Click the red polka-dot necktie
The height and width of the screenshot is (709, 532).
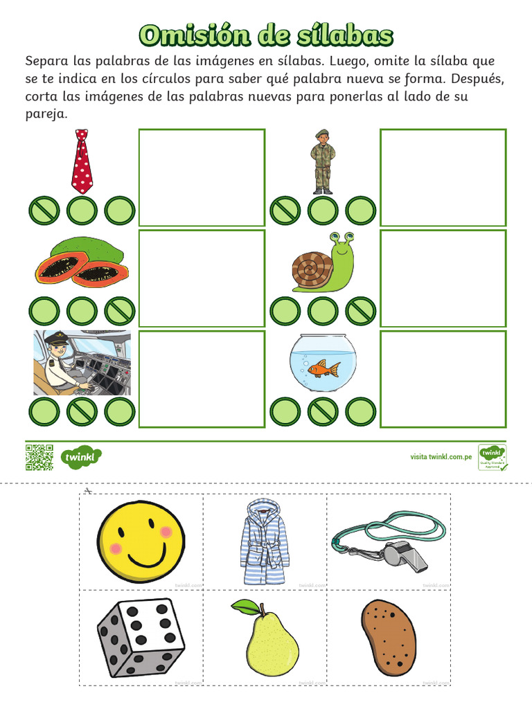tap(82, 163)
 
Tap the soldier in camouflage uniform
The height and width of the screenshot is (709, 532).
tap(322, 163)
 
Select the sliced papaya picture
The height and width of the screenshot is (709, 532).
tap(82, 263)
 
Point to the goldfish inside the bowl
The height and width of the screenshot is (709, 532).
tap(323, 368)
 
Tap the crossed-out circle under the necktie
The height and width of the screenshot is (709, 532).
tap(44, 210)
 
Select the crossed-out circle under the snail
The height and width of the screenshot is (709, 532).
tap(360, 311)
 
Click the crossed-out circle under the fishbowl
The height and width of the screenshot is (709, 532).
tap(323, 412)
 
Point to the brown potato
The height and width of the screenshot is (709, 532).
tap(389, 636)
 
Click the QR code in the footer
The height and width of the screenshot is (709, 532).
tap(39, 457)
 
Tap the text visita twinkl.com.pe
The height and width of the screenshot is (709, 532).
tap(441, 457)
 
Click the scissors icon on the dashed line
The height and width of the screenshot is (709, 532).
tap(87, 491)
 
